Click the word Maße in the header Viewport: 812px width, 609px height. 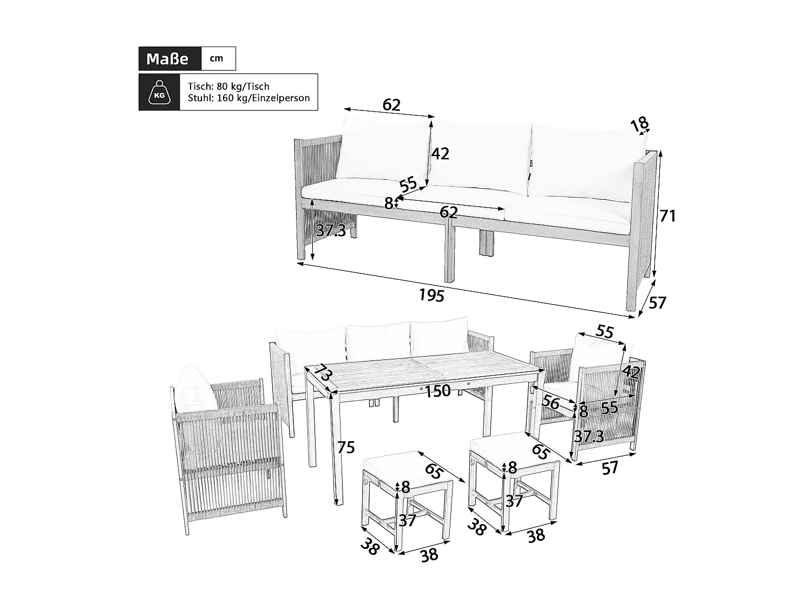tap(167, 58)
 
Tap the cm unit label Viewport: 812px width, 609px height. tap(217, 58)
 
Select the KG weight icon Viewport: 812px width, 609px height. tap(159, 93)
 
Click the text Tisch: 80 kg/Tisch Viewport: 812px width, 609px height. tap(228, 87)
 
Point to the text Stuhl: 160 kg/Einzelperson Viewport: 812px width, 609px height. tap(248, 99)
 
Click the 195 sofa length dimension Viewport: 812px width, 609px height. tap(431, 295)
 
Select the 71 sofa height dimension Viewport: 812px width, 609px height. tap(667, 216)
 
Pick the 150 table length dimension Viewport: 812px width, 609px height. tap(437, 391)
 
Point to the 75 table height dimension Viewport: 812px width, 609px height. tap(346, 448)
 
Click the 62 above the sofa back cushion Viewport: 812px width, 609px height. tap(391, 104)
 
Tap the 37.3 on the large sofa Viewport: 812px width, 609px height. tap(331, 231)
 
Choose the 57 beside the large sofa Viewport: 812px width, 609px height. tap(657, 303)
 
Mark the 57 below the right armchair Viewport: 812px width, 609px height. tap(610, 468)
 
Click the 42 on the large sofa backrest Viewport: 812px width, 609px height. tap(440, 154)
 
